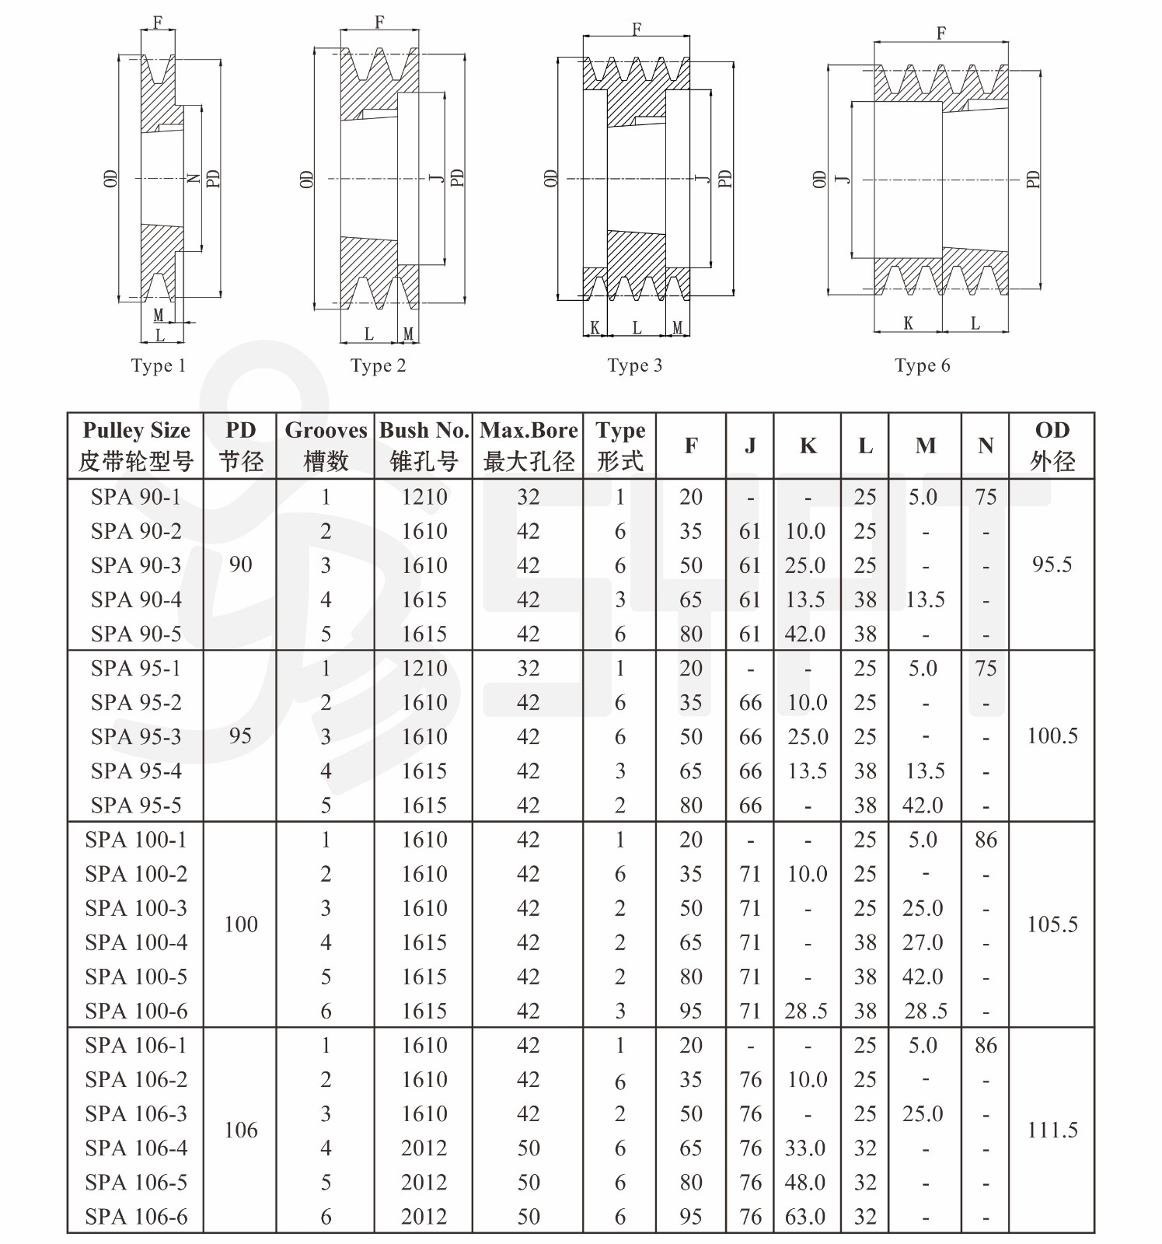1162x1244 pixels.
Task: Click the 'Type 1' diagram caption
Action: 159,365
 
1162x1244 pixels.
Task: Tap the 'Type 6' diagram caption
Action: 922,365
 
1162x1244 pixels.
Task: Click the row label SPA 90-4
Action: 136,599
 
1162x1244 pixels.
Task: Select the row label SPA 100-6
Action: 136,1011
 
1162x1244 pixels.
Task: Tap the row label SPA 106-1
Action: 136,1045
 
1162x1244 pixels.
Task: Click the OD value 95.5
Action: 1052,564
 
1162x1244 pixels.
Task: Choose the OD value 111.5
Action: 1052,1130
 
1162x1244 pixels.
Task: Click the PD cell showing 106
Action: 241,1130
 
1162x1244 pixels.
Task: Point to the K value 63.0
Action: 805,1216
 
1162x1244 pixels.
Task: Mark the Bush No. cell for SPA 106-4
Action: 424,1148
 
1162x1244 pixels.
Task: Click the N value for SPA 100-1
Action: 986,840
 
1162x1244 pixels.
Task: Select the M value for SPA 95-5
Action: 923,805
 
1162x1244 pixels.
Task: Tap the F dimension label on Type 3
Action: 637,30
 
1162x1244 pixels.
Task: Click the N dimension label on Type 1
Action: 194,179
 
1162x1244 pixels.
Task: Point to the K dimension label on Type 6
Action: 908,323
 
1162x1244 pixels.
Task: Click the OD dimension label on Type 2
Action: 306,179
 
